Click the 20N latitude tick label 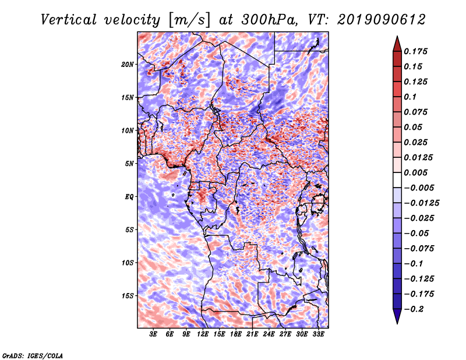(128, 64)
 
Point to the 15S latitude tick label (128, 295)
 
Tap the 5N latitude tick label (129, 164)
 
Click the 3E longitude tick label (154, 334)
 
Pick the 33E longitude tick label (318, 334)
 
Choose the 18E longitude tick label (236, 334)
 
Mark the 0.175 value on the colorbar (418, 51)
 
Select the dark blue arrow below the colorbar (397, 317)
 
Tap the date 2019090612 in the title (377, 20)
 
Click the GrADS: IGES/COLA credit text (33, 355)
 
